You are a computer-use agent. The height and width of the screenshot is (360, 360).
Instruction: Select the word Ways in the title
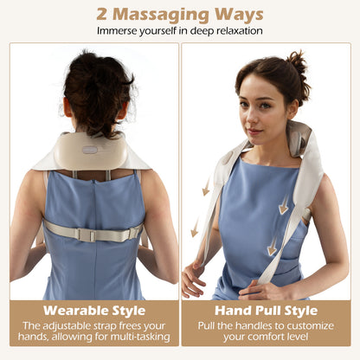point(239,14)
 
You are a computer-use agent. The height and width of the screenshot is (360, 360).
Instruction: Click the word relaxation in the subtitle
point(235,31)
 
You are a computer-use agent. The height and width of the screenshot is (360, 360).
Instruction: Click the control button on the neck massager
point(89,150)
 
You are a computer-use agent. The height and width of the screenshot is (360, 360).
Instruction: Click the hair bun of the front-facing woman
point(297,64)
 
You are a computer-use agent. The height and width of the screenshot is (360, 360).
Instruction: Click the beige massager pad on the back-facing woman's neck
point(91,153)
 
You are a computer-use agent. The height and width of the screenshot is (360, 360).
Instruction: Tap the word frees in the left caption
point(135,326)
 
